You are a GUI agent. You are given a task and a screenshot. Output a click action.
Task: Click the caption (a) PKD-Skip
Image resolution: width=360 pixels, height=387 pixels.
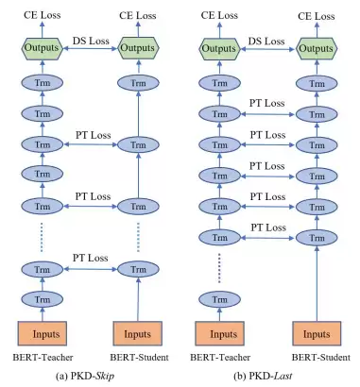85,376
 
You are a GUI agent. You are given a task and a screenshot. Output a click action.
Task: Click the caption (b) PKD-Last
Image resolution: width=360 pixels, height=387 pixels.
263,376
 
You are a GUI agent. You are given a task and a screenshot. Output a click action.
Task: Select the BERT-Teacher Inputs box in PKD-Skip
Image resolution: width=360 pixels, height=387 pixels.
43,333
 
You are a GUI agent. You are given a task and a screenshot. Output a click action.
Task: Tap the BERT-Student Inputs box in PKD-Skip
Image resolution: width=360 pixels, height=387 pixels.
138,333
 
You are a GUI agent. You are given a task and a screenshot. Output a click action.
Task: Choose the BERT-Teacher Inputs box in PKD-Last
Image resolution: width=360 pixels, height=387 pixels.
219,333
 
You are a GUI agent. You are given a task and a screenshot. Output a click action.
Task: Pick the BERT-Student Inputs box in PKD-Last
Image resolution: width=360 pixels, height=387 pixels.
317,333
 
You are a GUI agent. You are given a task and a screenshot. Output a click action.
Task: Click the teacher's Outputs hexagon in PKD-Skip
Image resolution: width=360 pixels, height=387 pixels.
42,48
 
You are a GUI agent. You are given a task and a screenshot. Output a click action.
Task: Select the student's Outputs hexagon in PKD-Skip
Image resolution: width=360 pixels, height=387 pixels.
138,48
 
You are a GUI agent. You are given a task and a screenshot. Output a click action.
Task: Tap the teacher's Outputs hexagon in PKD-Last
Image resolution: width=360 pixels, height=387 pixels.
219,49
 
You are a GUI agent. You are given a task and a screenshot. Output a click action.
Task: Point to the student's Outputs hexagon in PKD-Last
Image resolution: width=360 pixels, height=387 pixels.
317,49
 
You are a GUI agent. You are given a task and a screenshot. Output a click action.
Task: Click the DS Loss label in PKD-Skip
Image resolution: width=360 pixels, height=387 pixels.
91,41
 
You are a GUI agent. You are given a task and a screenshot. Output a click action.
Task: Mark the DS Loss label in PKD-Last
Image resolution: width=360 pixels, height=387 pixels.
266,42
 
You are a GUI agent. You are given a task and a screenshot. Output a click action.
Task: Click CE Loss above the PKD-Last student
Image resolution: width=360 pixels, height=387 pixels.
317,16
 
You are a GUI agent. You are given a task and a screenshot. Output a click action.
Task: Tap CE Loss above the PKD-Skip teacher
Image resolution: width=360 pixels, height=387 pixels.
42,15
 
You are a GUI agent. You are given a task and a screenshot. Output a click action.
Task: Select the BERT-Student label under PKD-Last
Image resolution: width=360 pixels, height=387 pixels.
321,358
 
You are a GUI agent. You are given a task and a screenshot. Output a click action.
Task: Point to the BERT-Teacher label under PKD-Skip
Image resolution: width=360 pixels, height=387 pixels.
43,358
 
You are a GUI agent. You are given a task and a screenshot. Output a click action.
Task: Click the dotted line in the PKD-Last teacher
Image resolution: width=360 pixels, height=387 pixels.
219,268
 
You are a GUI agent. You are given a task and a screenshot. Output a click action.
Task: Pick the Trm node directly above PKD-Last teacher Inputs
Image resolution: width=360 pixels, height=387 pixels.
219,299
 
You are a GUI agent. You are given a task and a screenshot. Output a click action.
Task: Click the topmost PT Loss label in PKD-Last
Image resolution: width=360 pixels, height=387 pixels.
267,103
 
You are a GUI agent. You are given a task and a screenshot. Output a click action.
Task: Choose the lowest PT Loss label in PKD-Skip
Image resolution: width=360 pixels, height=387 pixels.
91,258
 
